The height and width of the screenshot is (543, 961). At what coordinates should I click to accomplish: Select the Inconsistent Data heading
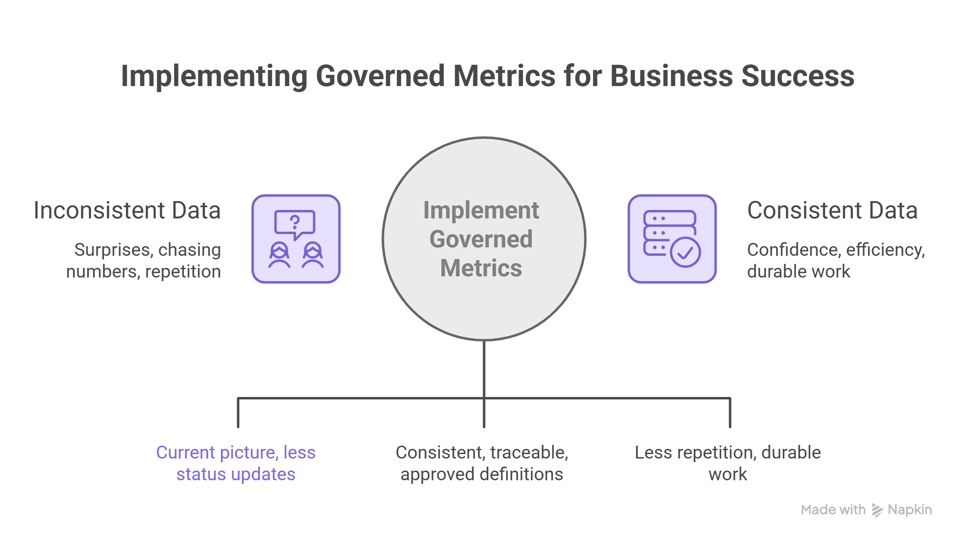tap(127, 210)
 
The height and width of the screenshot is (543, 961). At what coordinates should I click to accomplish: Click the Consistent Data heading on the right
tap(832, 210)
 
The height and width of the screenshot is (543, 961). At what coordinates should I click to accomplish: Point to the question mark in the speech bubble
tap(295, 222)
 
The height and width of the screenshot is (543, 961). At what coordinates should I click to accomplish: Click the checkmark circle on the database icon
tap(685, 252)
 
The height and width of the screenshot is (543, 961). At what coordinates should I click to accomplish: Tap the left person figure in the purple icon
tap(279, 255)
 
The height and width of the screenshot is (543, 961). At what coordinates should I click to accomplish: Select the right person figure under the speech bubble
tap(313, 255)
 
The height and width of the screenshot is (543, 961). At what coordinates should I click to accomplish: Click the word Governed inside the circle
tap(481, 239)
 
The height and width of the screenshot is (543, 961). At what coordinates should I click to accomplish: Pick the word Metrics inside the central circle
tap(481, 268)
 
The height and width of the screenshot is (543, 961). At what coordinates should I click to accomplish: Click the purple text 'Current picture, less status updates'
tap(236, 463)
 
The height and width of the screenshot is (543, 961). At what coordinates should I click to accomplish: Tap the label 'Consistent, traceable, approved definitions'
tap(482, 463)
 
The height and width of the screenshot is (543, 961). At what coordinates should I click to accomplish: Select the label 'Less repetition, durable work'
tap(727, 463)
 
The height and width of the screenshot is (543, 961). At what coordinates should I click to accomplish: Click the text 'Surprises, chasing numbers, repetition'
tap(144, 261)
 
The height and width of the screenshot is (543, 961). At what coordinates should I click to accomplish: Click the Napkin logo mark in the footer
tap(877, 510)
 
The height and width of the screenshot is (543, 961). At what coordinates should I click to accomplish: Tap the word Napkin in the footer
tap(910, 510)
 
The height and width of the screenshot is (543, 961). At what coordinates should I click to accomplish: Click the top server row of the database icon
tap(670, 218)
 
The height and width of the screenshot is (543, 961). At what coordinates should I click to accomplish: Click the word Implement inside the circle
tap(481, 210)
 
